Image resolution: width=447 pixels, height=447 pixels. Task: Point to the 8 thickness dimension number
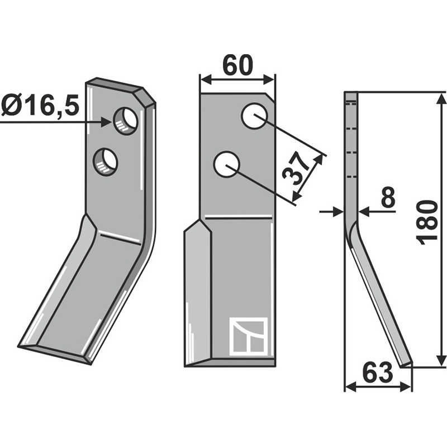tap(388, 197)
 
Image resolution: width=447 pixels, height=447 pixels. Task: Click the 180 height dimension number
tap(427, 222)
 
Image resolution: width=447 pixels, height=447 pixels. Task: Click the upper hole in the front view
tap(254, 116)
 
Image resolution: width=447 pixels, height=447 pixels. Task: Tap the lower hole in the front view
tap(227, 164)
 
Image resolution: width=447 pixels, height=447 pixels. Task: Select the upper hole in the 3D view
tap(126, 122)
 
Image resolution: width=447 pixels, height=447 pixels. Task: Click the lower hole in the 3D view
tap(105, 161)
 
